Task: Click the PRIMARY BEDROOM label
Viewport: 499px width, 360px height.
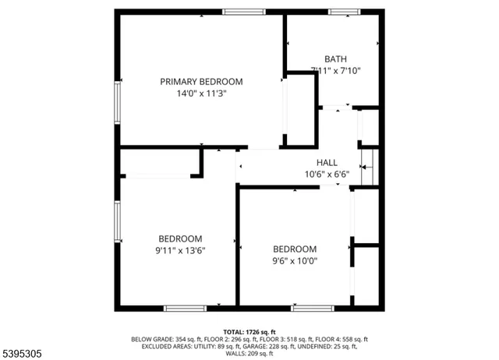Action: coord(201,82)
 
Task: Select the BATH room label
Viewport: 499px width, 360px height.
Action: coord(336,58)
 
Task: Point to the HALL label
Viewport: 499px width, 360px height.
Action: coord(327,163)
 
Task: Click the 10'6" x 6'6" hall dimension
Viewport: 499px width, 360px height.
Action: coord(327,175)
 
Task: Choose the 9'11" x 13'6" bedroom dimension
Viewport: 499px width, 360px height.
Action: coord(180,250)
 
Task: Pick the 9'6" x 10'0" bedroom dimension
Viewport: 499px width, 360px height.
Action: coord(295,261)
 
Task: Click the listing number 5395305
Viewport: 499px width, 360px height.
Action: coord(23,353)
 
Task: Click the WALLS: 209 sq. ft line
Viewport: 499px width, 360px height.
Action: coord(249,354)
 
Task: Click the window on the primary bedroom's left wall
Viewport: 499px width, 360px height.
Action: coord(118,101)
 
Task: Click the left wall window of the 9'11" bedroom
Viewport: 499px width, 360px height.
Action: coord(118,222)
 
